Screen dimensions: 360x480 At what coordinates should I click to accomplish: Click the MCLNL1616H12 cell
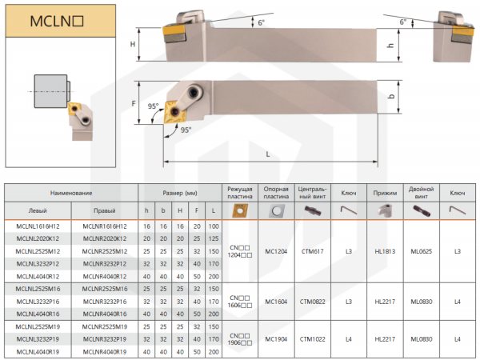[x=38, y=227]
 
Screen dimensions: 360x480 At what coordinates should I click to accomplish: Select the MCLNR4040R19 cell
[x=104, y=351]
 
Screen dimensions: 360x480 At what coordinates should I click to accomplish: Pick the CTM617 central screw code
[x=311, y=250]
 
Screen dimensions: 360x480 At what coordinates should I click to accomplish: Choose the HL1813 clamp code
[x=386, y=250]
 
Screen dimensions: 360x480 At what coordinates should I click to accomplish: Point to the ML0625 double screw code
[x=421, y=250]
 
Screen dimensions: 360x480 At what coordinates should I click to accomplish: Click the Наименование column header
[x=71, y=193]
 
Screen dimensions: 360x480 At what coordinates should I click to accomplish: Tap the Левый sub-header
[x=38, y=210]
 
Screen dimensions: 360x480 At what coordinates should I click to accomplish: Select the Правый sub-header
[x=104, y=210]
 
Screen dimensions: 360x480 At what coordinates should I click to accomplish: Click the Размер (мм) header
[x=180, y=193]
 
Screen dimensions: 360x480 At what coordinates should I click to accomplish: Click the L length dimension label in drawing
[x=266, y=153]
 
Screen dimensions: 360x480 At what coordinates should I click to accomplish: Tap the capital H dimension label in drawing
[x=133, y=45]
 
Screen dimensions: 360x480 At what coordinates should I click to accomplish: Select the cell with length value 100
[x=214, y=227]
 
